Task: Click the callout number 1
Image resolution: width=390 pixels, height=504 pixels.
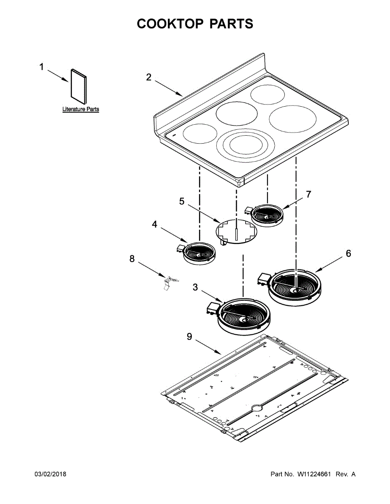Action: [41, 67]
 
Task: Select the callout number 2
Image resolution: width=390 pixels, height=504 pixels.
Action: [149, 77]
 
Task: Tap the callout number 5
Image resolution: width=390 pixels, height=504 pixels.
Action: [182, 202]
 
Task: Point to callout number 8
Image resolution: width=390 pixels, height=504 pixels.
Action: [132, 259]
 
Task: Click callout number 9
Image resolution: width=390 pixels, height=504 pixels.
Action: [189, 337]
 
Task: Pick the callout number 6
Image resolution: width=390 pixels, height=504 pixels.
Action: [348, 254]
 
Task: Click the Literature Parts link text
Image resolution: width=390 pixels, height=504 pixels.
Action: [81, 109]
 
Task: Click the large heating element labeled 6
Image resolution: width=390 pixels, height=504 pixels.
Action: [295, 286]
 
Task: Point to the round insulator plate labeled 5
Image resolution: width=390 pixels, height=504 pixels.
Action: [236, 231]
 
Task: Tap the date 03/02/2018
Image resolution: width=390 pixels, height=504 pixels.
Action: [50, 474]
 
